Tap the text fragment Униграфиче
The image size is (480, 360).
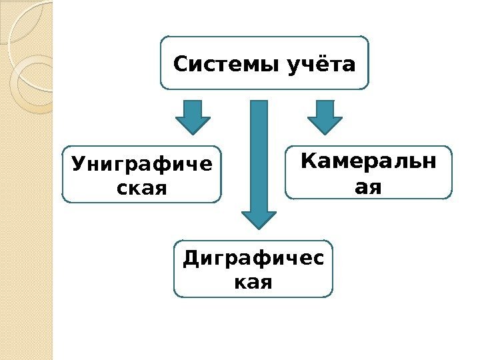(x=141, y=163)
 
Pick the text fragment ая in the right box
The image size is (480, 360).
(x=369, y=187)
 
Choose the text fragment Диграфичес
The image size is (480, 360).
(x=253, y=258)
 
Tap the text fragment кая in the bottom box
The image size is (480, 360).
(x=253, y=282)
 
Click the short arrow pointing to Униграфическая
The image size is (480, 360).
(x=193, y=116)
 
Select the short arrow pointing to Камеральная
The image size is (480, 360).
(x=325, y=116)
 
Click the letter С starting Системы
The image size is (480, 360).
(x=179, y=65)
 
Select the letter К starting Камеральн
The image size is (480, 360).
(x=308, y=161)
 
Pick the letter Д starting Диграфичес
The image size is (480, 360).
(x=189, y=258)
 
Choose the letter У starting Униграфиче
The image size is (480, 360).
(x=77, y=163)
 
